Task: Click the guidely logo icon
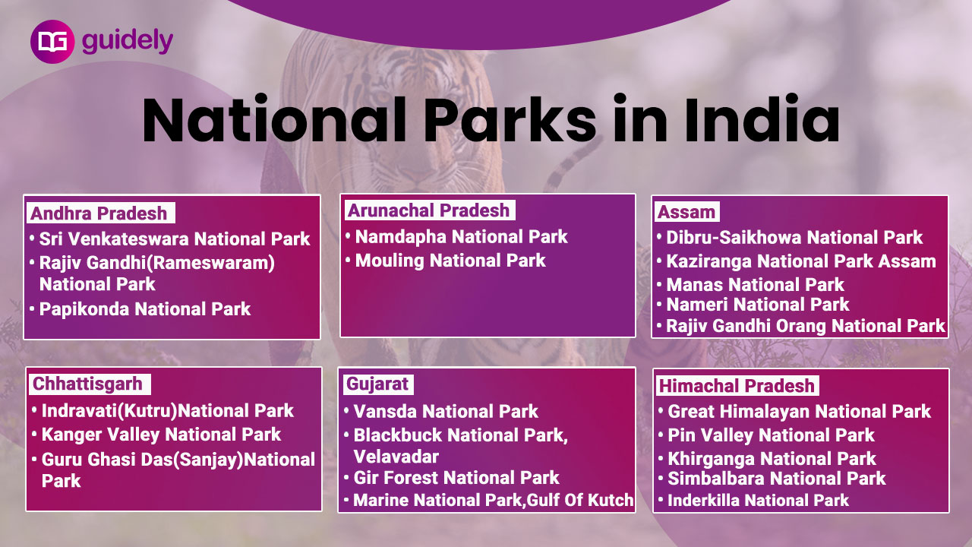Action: click(52, 42)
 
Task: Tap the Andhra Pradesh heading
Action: click(99, 213)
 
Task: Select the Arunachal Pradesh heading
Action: click(428, 210)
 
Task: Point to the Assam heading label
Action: click(686, 212)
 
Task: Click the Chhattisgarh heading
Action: click(87, 384)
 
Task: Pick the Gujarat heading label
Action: click(377, 384)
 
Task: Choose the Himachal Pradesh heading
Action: click(737, 386)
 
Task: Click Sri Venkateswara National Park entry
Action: click(175, 239)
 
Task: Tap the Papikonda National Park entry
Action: click(145, 309)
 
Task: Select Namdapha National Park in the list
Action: click(461, 237)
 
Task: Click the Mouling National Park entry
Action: click(450, 261)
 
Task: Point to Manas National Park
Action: click(755, 285)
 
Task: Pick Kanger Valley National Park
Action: click(161, 435)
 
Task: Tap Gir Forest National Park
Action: click(456, 478)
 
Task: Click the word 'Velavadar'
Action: click(396, 457)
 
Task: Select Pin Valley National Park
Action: click(771, 435)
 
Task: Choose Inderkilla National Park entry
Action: click(758, 500)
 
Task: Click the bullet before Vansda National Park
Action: click(346, 410)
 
